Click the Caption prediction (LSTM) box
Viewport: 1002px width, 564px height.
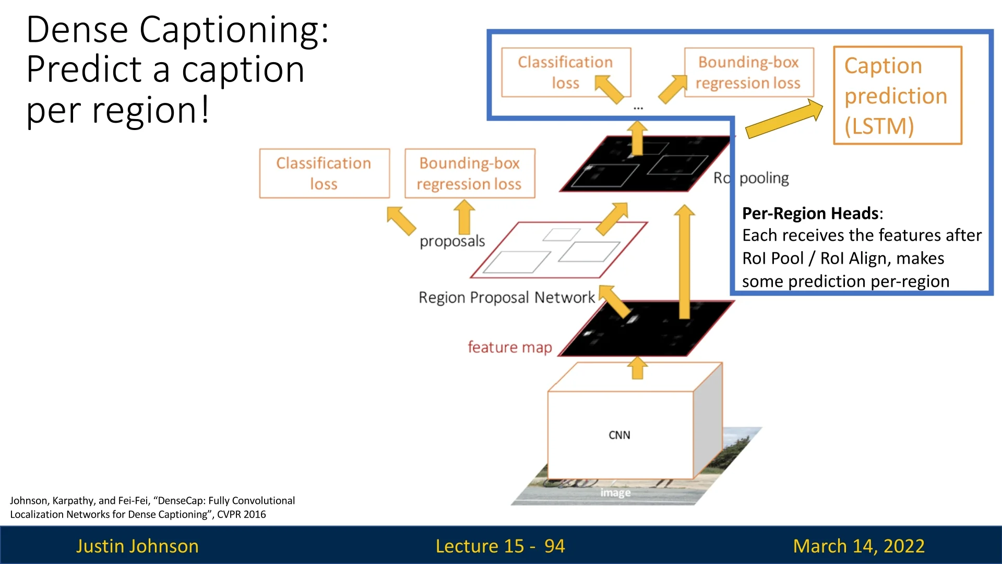coord(897,96)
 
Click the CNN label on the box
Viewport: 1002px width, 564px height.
coord(619,435)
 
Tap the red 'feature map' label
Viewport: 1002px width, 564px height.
coord(509,347)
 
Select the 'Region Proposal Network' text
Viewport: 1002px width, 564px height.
coord(506,298)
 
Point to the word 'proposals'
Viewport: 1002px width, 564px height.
coord(452,241)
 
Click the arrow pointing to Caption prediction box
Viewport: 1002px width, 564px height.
coord(783,119)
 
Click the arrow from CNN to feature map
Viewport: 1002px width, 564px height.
coord(637,368)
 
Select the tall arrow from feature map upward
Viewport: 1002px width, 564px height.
coord(684,261)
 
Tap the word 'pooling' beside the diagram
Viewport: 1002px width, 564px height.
coord(764,178)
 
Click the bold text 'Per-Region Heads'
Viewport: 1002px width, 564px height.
coord(810,214)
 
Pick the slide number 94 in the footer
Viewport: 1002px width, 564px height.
coord(554,546)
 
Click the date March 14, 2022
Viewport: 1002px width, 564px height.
coord(858,546)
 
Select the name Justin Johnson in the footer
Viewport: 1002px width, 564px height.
coord(137,546)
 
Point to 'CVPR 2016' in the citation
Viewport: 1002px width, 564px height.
coord(241,514)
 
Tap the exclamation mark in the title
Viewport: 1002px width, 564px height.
coord(205,110)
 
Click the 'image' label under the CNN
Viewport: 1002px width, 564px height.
coord(615,492)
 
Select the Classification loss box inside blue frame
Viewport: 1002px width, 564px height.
coord(566,73)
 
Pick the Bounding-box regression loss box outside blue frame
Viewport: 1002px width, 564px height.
coord(470,173)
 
